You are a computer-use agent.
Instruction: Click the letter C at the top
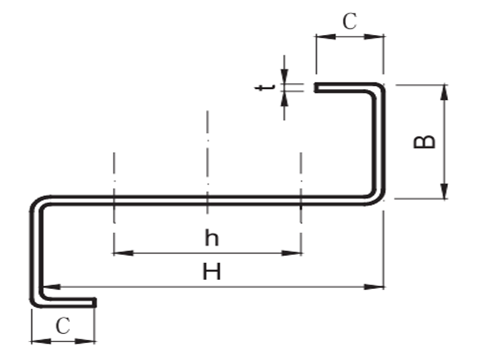point(350,22)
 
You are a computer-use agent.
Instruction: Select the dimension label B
point(425,142)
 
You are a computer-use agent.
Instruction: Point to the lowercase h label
point(211,238)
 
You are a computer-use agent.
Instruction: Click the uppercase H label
point(211,273)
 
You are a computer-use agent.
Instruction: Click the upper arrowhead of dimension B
point(444,91)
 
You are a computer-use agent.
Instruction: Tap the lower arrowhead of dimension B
point(444,193)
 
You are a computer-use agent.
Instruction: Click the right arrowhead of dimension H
point(377,287)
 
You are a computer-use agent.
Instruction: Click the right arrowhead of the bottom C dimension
point(89,341)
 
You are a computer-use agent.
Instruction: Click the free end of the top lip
point(316,88)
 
